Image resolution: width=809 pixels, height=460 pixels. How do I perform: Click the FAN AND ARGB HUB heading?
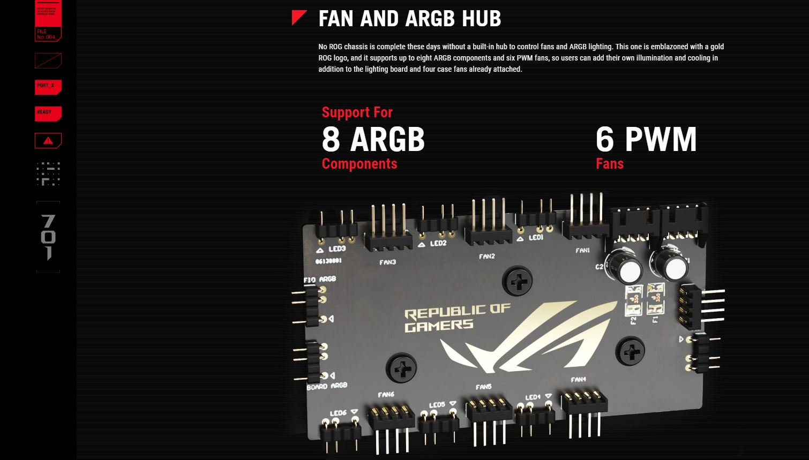coord(409,19)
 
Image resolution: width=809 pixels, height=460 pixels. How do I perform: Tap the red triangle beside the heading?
coord(299,18)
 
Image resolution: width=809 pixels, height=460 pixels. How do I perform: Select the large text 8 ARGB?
coord(373,139)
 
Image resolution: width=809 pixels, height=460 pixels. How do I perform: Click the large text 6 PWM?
coord(646,139)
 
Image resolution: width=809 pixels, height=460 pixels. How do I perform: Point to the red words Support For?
coord(357,112)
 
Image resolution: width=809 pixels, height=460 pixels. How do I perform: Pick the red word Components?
coord(359,164)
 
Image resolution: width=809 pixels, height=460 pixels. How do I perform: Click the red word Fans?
coord(610,164)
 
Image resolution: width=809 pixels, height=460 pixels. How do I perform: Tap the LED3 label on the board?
coord(337,249)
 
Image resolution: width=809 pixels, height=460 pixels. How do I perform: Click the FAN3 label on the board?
coord(387,262)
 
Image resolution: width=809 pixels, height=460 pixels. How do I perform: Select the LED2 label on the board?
coord(438,244)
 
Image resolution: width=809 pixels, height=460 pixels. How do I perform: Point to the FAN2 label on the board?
coord(486,257)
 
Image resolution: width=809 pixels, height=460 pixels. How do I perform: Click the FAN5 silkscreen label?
coord(483,387)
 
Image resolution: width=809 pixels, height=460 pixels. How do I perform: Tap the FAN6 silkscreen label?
coord(386,395)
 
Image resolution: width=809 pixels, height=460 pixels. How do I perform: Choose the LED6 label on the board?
coord(338,413)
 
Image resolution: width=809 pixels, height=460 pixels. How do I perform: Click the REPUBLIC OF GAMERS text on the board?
coord(456,318)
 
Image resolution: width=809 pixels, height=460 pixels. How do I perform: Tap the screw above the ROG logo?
coord(518,281)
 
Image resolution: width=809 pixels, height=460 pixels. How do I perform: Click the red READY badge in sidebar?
coord(48,114)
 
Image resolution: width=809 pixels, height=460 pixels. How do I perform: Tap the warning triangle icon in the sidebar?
coord(48,140)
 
